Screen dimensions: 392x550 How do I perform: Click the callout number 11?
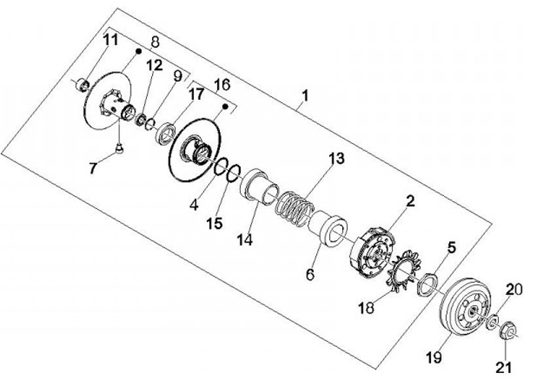point(112,40)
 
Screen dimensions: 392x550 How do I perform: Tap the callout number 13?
point(337,159)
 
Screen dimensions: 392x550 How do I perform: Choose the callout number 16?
point(221,82)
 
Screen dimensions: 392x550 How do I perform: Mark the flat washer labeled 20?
point(493,320)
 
